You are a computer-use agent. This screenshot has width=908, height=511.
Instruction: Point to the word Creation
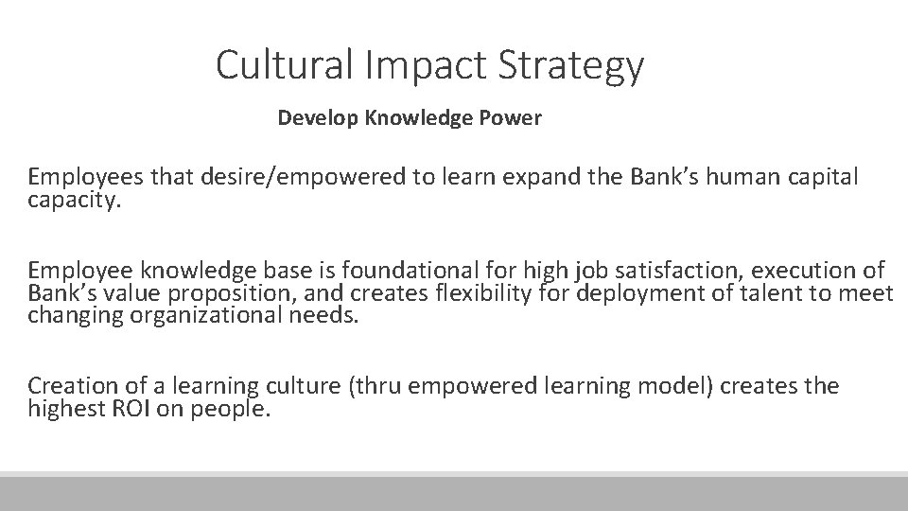click(x=72, y=386)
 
